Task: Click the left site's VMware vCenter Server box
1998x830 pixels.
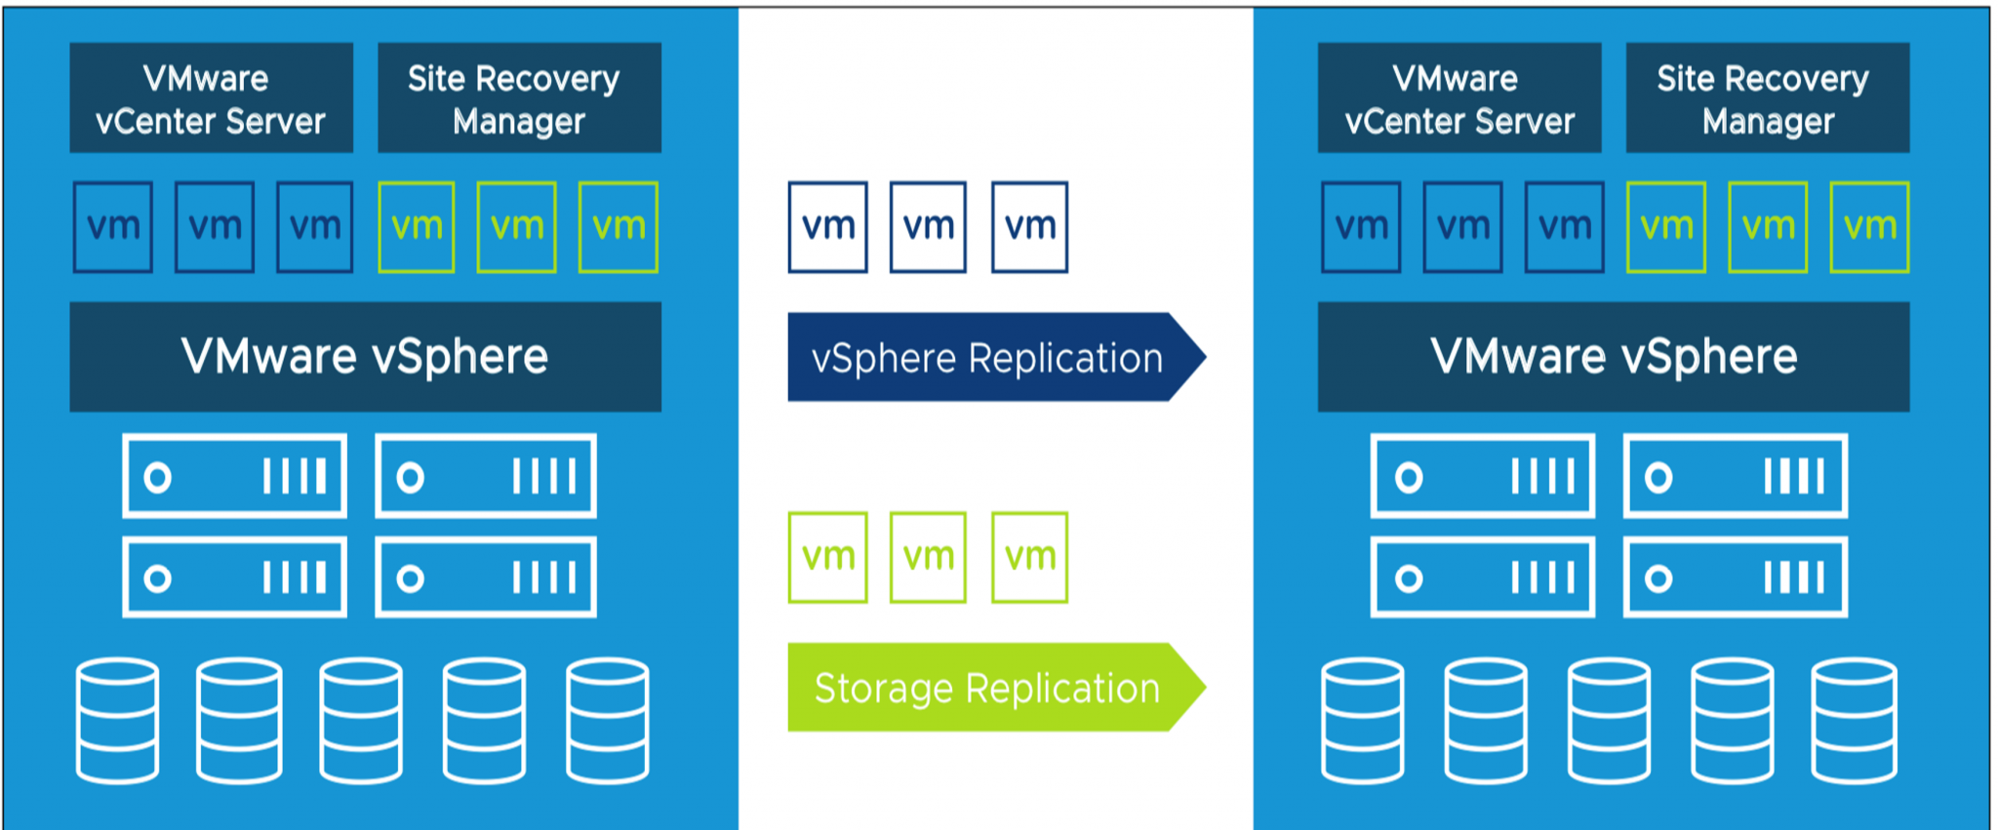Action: [211, 98]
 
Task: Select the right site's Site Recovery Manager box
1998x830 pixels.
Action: [1767, 98]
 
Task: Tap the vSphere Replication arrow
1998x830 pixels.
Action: [987, 357]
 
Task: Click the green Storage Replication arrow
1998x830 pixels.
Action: [987, 688]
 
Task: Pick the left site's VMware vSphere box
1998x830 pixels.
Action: [365, 357]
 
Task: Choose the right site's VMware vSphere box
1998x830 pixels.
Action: [1613, 357]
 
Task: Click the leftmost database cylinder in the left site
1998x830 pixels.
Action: [117, 721]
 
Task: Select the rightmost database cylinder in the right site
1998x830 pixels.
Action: [1854, 721]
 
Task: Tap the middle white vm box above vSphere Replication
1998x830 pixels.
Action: [928, 226]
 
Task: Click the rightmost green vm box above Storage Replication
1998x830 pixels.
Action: [1029, 557]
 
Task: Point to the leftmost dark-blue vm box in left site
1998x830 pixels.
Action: [113, 226]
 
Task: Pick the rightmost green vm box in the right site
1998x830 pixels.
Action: [1869, 226]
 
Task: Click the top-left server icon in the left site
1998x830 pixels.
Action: [234, 476]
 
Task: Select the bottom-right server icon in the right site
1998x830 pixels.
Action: [1735, 577]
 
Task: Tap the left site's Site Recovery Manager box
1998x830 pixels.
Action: [519, 98]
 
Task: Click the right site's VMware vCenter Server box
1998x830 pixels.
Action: [1459, 98]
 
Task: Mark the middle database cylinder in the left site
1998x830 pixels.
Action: [361, 721]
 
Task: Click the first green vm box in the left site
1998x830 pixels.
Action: [417, 226]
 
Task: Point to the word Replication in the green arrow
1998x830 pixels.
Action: [1062, 689]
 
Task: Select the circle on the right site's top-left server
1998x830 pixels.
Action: [1408, 477]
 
